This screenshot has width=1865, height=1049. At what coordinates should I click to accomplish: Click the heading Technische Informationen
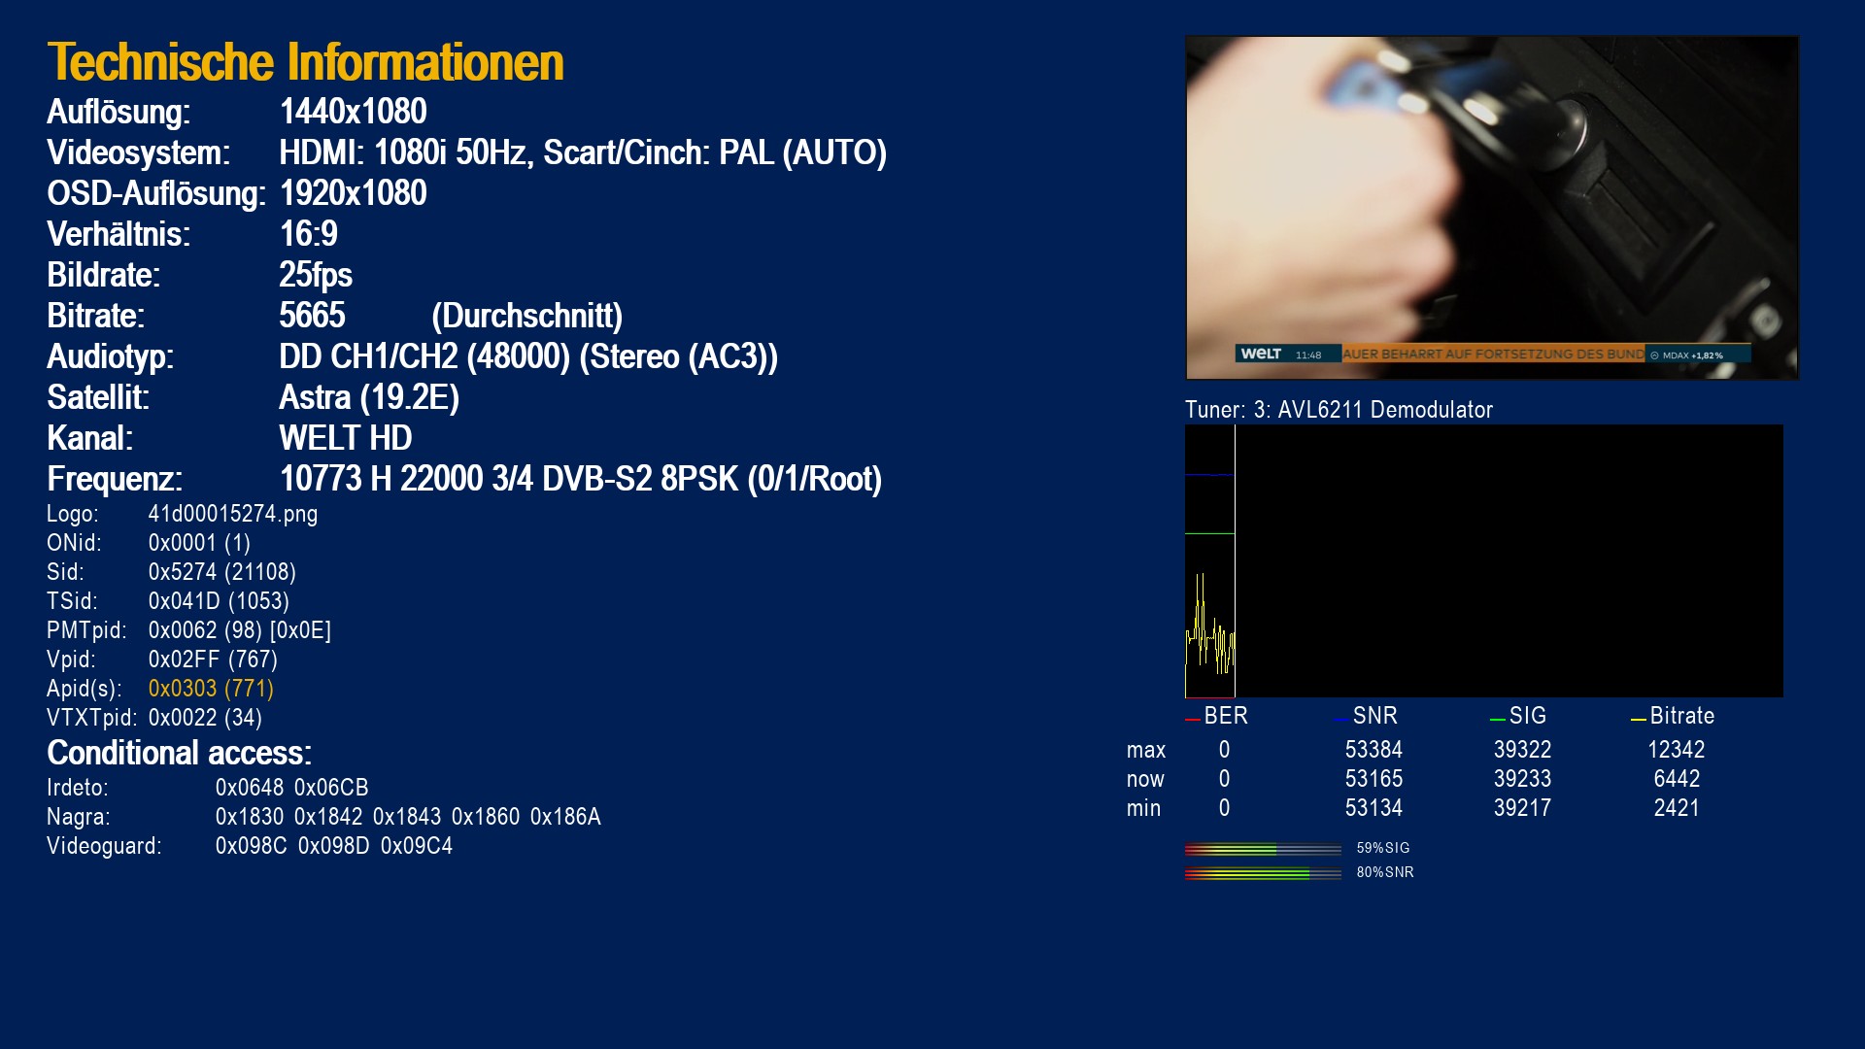coord(305,62)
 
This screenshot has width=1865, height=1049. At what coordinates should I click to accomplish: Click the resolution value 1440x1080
coord(354,112)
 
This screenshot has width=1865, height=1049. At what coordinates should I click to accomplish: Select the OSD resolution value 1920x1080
coord(354,193)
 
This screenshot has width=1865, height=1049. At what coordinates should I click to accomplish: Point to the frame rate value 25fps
coord(316,275)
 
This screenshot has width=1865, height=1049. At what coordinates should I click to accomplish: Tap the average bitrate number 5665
coord(312,316)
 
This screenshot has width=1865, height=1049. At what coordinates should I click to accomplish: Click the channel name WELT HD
coord(346,438)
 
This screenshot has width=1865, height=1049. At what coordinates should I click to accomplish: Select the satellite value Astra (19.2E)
coord(369,397)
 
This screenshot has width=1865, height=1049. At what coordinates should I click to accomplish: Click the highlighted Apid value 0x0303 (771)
coord(211,689)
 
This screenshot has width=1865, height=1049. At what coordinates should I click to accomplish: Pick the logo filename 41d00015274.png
coord(233,514)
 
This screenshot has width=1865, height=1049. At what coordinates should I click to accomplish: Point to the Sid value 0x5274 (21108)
coord(222,572)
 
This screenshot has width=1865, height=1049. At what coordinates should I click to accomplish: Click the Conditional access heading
coord(180,753)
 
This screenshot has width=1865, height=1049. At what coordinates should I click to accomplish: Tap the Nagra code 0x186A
coord(565,817)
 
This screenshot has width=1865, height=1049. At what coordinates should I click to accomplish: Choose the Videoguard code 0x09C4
coord(417,846)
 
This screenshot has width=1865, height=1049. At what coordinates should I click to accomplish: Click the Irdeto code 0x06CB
coord(331,788)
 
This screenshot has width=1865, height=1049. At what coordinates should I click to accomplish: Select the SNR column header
coord(1375,716)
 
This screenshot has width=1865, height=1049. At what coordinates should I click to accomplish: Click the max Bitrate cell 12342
coord(1677,750)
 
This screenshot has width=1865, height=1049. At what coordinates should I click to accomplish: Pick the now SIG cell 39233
coord(1522,779)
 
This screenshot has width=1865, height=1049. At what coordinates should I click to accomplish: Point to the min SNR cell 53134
coord(1373,808)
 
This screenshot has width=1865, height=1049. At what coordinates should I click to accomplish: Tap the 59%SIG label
coord(1383,848)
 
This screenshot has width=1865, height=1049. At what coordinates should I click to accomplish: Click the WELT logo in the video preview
coord(1261,354)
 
